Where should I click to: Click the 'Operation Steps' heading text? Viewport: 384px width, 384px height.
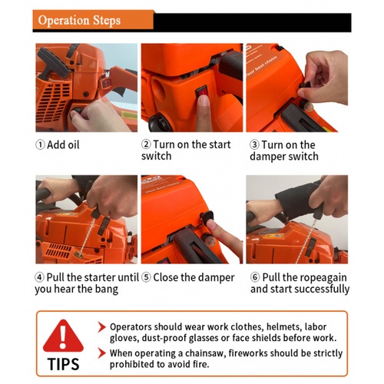79,20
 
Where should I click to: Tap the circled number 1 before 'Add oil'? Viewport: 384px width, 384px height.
40,144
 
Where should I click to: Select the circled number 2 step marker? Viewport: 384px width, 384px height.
146,144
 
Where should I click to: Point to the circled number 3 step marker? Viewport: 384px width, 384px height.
254,144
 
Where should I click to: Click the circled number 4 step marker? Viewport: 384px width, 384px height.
40,277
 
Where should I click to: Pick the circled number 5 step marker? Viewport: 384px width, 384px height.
146,277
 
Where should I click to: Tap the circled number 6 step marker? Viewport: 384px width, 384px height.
255,277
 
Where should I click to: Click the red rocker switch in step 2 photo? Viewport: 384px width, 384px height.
203,92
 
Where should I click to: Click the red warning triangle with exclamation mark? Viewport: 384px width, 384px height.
63,336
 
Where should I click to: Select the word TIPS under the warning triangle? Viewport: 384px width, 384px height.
63,364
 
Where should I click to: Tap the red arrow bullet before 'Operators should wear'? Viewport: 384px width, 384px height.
102,327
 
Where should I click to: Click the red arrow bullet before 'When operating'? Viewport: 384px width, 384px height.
102,353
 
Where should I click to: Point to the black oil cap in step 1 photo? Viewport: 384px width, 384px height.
77,112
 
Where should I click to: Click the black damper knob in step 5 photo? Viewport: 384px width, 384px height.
207,216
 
